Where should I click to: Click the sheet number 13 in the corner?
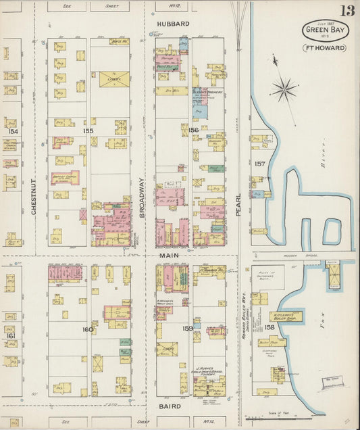(346, 11)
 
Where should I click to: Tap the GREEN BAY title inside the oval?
(326, 30)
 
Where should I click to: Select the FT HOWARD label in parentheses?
(325, 48)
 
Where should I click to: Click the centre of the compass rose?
(284, 89)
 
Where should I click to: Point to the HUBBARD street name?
(174, 23)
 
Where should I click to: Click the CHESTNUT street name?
(34, 197)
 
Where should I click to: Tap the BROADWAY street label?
(143, 197)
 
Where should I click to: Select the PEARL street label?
(238, 201)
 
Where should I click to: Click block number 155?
(88, 130)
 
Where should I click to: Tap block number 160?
(88, 329)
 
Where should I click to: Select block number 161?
(11, 335)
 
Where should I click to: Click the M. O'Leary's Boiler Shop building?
(286, 316)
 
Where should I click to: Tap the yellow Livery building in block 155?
(114, 79)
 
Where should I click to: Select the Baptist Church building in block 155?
(65, 178)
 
